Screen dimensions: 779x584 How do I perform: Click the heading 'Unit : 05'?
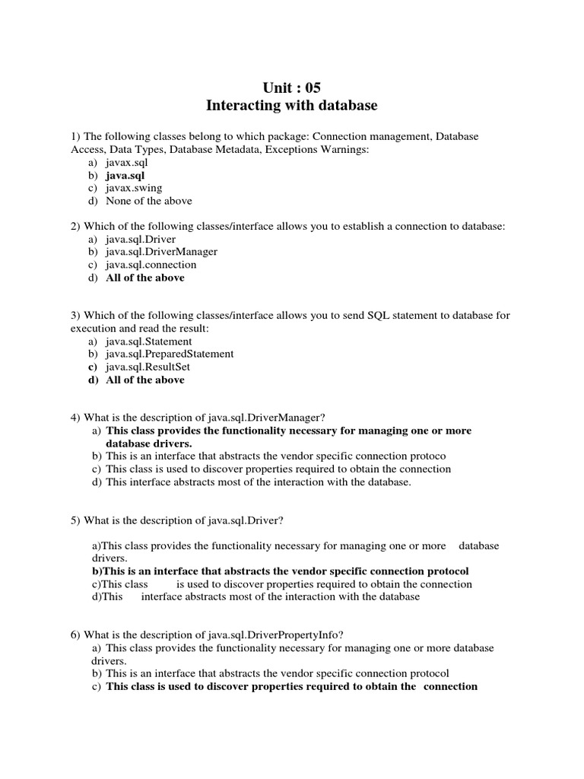(292, 87)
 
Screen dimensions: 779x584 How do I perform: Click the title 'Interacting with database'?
(292, 106)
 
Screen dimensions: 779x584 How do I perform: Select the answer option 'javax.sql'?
(127, 162)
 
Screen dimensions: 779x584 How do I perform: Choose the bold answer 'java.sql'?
(125, 175)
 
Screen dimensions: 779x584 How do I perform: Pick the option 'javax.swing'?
(134, 188)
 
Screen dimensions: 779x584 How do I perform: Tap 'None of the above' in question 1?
(149, 201)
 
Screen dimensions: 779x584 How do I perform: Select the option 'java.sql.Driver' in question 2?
(141, 239)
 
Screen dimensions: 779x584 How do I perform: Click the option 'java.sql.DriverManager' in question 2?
(161, 252)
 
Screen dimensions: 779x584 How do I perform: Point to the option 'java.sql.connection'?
(151, 265)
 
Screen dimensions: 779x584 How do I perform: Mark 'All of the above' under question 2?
(145, 278)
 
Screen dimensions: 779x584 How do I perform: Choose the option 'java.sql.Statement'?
(149, 342)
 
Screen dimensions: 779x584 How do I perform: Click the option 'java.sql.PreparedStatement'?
(170, 355)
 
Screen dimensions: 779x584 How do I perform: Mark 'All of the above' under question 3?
(145, 380)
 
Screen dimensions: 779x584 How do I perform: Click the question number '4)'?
(75, 418)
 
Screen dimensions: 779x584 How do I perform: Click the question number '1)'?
(75, 136)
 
